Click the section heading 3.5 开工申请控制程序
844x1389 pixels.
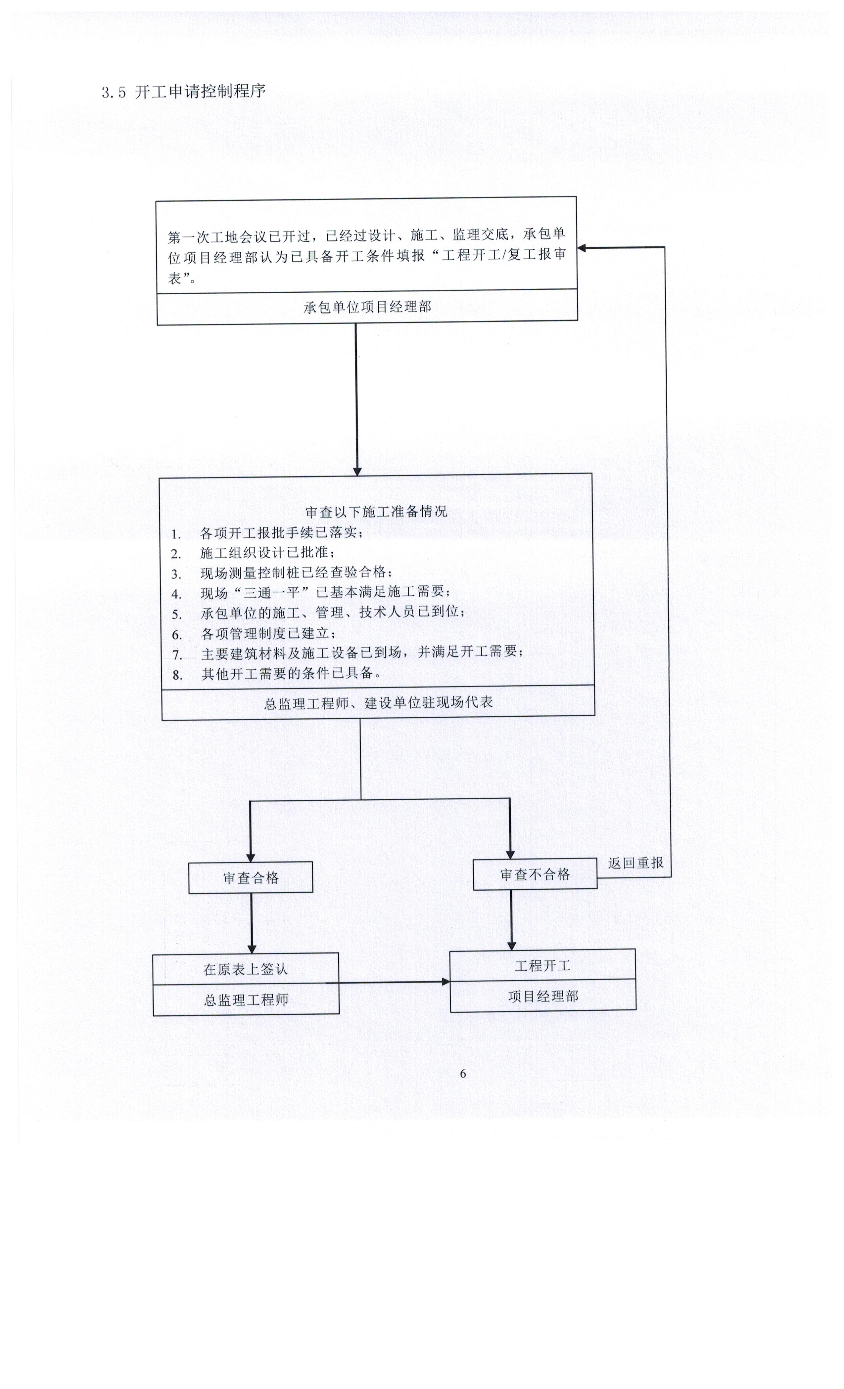183,91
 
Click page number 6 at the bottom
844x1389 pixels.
463,1074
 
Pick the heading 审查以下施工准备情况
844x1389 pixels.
376,511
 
